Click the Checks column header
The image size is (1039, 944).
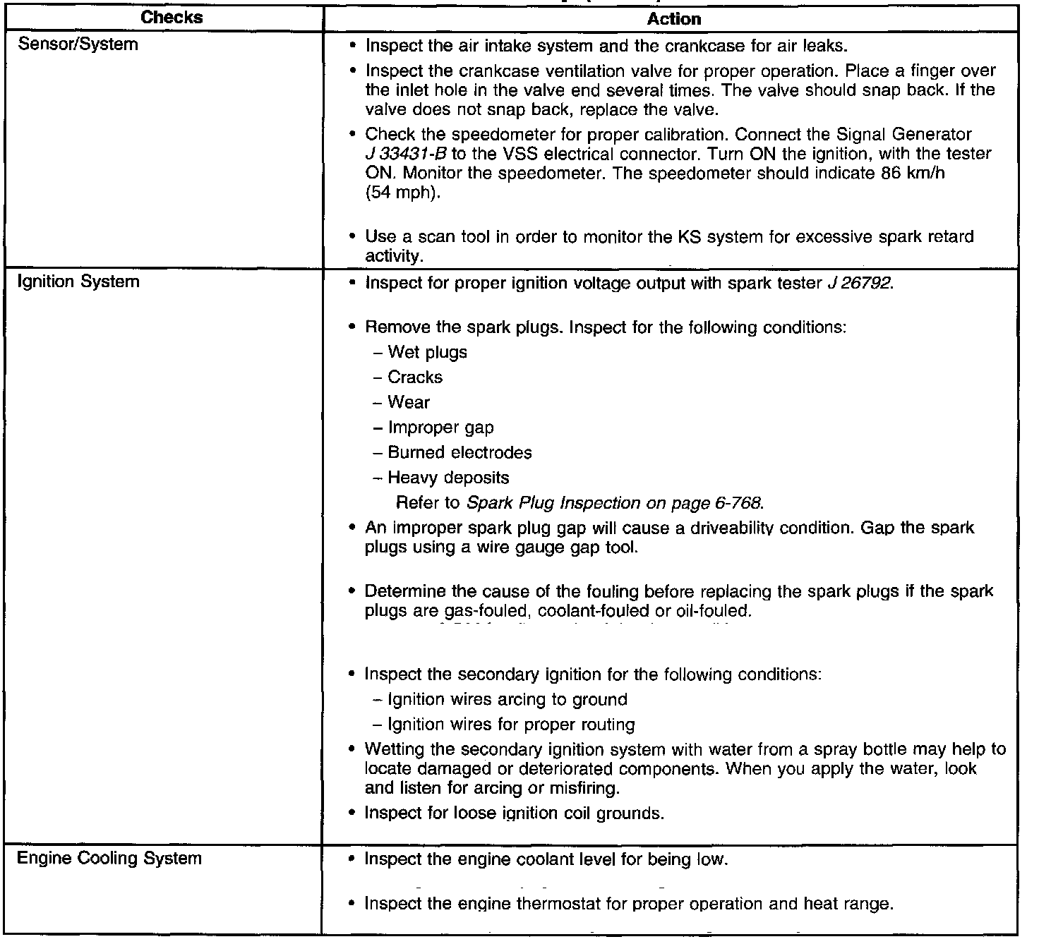(x=172, y=18)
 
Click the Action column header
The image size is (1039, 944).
(x=673, y=19)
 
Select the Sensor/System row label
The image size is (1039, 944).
(x=78, y=45)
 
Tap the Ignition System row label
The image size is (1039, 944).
(x=78, y=282)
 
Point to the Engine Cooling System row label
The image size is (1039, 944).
(x=109, y=859)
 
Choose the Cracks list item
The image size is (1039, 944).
(x=415, y=377)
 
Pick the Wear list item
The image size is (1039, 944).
(x=409, y=403)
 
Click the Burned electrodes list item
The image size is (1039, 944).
(x=460, y=453)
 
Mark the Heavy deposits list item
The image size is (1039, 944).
(x=448, y=478)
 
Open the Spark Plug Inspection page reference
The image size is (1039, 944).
(x=614, y=503)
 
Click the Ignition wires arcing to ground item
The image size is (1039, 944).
(x=507, y=700)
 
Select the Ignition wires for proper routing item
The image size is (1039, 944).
(x=511, y=725)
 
